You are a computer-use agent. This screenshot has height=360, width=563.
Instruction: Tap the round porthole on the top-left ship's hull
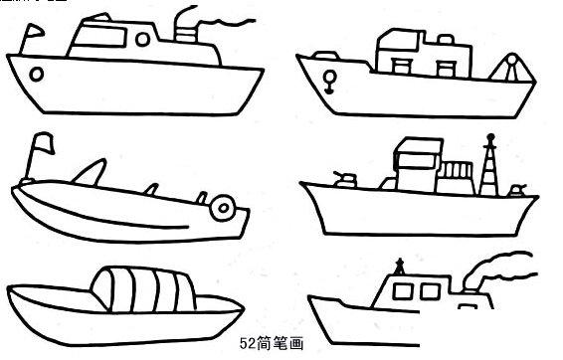(37, 74)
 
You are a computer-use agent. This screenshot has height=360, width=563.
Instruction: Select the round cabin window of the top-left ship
(142, 39)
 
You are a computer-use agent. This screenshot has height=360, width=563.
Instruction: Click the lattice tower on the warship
(487, 169)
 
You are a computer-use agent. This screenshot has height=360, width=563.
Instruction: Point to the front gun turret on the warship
(346, 179)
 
